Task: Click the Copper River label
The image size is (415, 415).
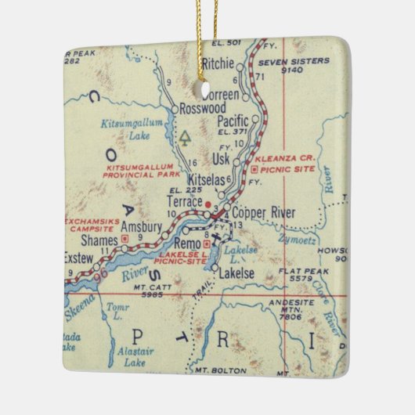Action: tap(262, 213)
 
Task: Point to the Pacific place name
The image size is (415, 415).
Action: tap(233, 121)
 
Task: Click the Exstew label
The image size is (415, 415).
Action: tap(78, 256)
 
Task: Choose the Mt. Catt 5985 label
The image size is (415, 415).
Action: tap(146, 291)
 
